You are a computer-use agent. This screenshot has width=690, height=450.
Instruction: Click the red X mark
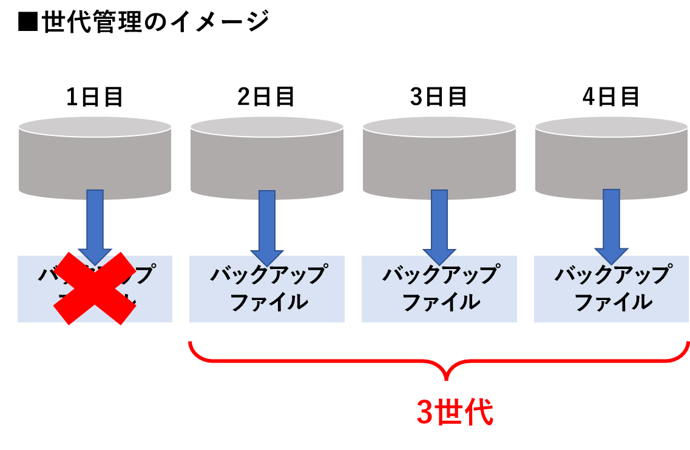pos(95,288)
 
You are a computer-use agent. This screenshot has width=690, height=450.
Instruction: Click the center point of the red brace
pos(446,370)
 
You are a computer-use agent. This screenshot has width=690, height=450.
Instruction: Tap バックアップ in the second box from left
pos(267,275)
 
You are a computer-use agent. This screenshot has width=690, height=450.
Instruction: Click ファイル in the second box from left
pos(267,302)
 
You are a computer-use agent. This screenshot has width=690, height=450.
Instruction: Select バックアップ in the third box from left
pos(439,275)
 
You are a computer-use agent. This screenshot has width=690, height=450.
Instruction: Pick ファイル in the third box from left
pos(439,302)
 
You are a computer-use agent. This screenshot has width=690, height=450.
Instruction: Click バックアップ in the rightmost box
pos(612,275)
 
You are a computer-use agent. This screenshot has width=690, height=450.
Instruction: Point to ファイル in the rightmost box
pos(612,302)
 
